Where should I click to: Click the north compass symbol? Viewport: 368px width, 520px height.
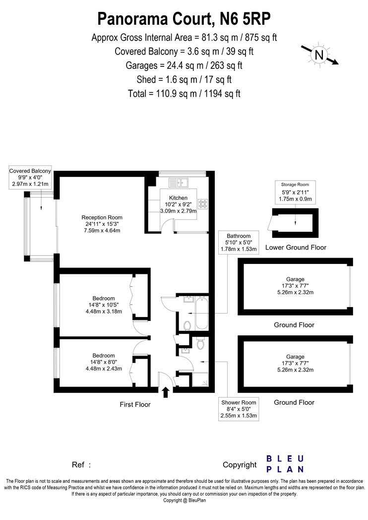(x=319, y=54)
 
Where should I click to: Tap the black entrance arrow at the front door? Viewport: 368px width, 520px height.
(x=166, y=392)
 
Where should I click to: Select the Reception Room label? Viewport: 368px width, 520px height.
(x=102, y=224)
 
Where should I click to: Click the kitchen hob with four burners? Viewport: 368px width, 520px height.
(x=203, y=204)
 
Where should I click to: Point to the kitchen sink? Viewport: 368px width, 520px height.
(x=179, y=182)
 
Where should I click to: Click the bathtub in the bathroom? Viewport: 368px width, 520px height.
(x=202, y=313)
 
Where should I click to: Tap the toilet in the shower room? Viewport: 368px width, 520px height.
(x=200, y=343)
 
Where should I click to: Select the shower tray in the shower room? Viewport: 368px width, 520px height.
(x=200, y=380)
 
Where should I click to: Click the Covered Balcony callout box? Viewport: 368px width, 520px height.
(x=30, y=177)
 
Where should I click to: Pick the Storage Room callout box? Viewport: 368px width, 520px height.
(x=295, y=192)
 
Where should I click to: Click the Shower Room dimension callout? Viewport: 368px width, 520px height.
(x=239, y=409)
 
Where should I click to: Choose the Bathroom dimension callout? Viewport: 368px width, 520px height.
(x=239, y=243)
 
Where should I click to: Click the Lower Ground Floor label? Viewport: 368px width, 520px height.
(x=296, y=248)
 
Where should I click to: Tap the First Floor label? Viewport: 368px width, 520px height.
(x=135, y=405)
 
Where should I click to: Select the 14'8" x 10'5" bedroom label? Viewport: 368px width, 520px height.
(x=104, y=305)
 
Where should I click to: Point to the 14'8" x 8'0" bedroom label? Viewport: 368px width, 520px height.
(x=104, y=362)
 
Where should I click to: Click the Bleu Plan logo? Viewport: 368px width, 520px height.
(x=285, y=464)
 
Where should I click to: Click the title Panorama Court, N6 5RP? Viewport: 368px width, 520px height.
(x=184, y=19)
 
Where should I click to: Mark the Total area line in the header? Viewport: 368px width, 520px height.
(x=184, y=94)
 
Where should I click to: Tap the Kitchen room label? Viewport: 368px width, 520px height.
(x=179, y=198)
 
